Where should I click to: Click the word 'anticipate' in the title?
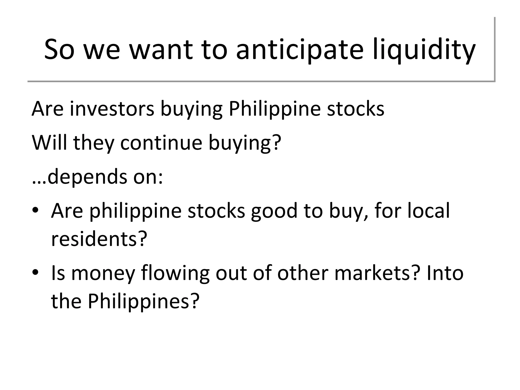pos(300,50)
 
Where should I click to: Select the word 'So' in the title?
pos(59,50)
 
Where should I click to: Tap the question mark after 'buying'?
pos(277,143)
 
